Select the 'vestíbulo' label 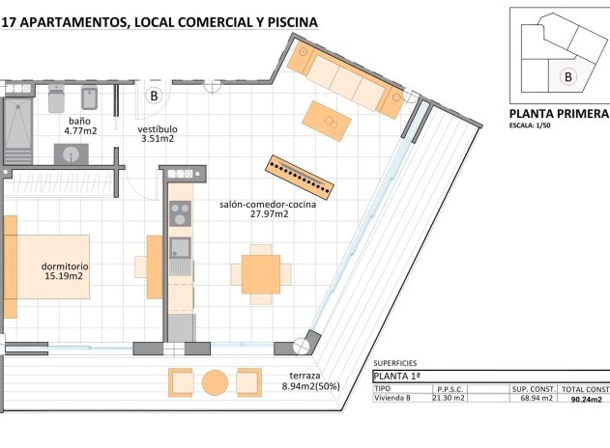coord(156,128)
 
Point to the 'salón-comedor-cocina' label coord(254,204)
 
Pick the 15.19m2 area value coord(64,276)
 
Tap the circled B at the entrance coord(154,96)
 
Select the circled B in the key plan coord(567,75)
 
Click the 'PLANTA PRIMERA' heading coord(558,113)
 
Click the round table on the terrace coord(214,382)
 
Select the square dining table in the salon coord(260,273)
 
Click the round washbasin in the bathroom coord(71,154)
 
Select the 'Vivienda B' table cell coord(394,398)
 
